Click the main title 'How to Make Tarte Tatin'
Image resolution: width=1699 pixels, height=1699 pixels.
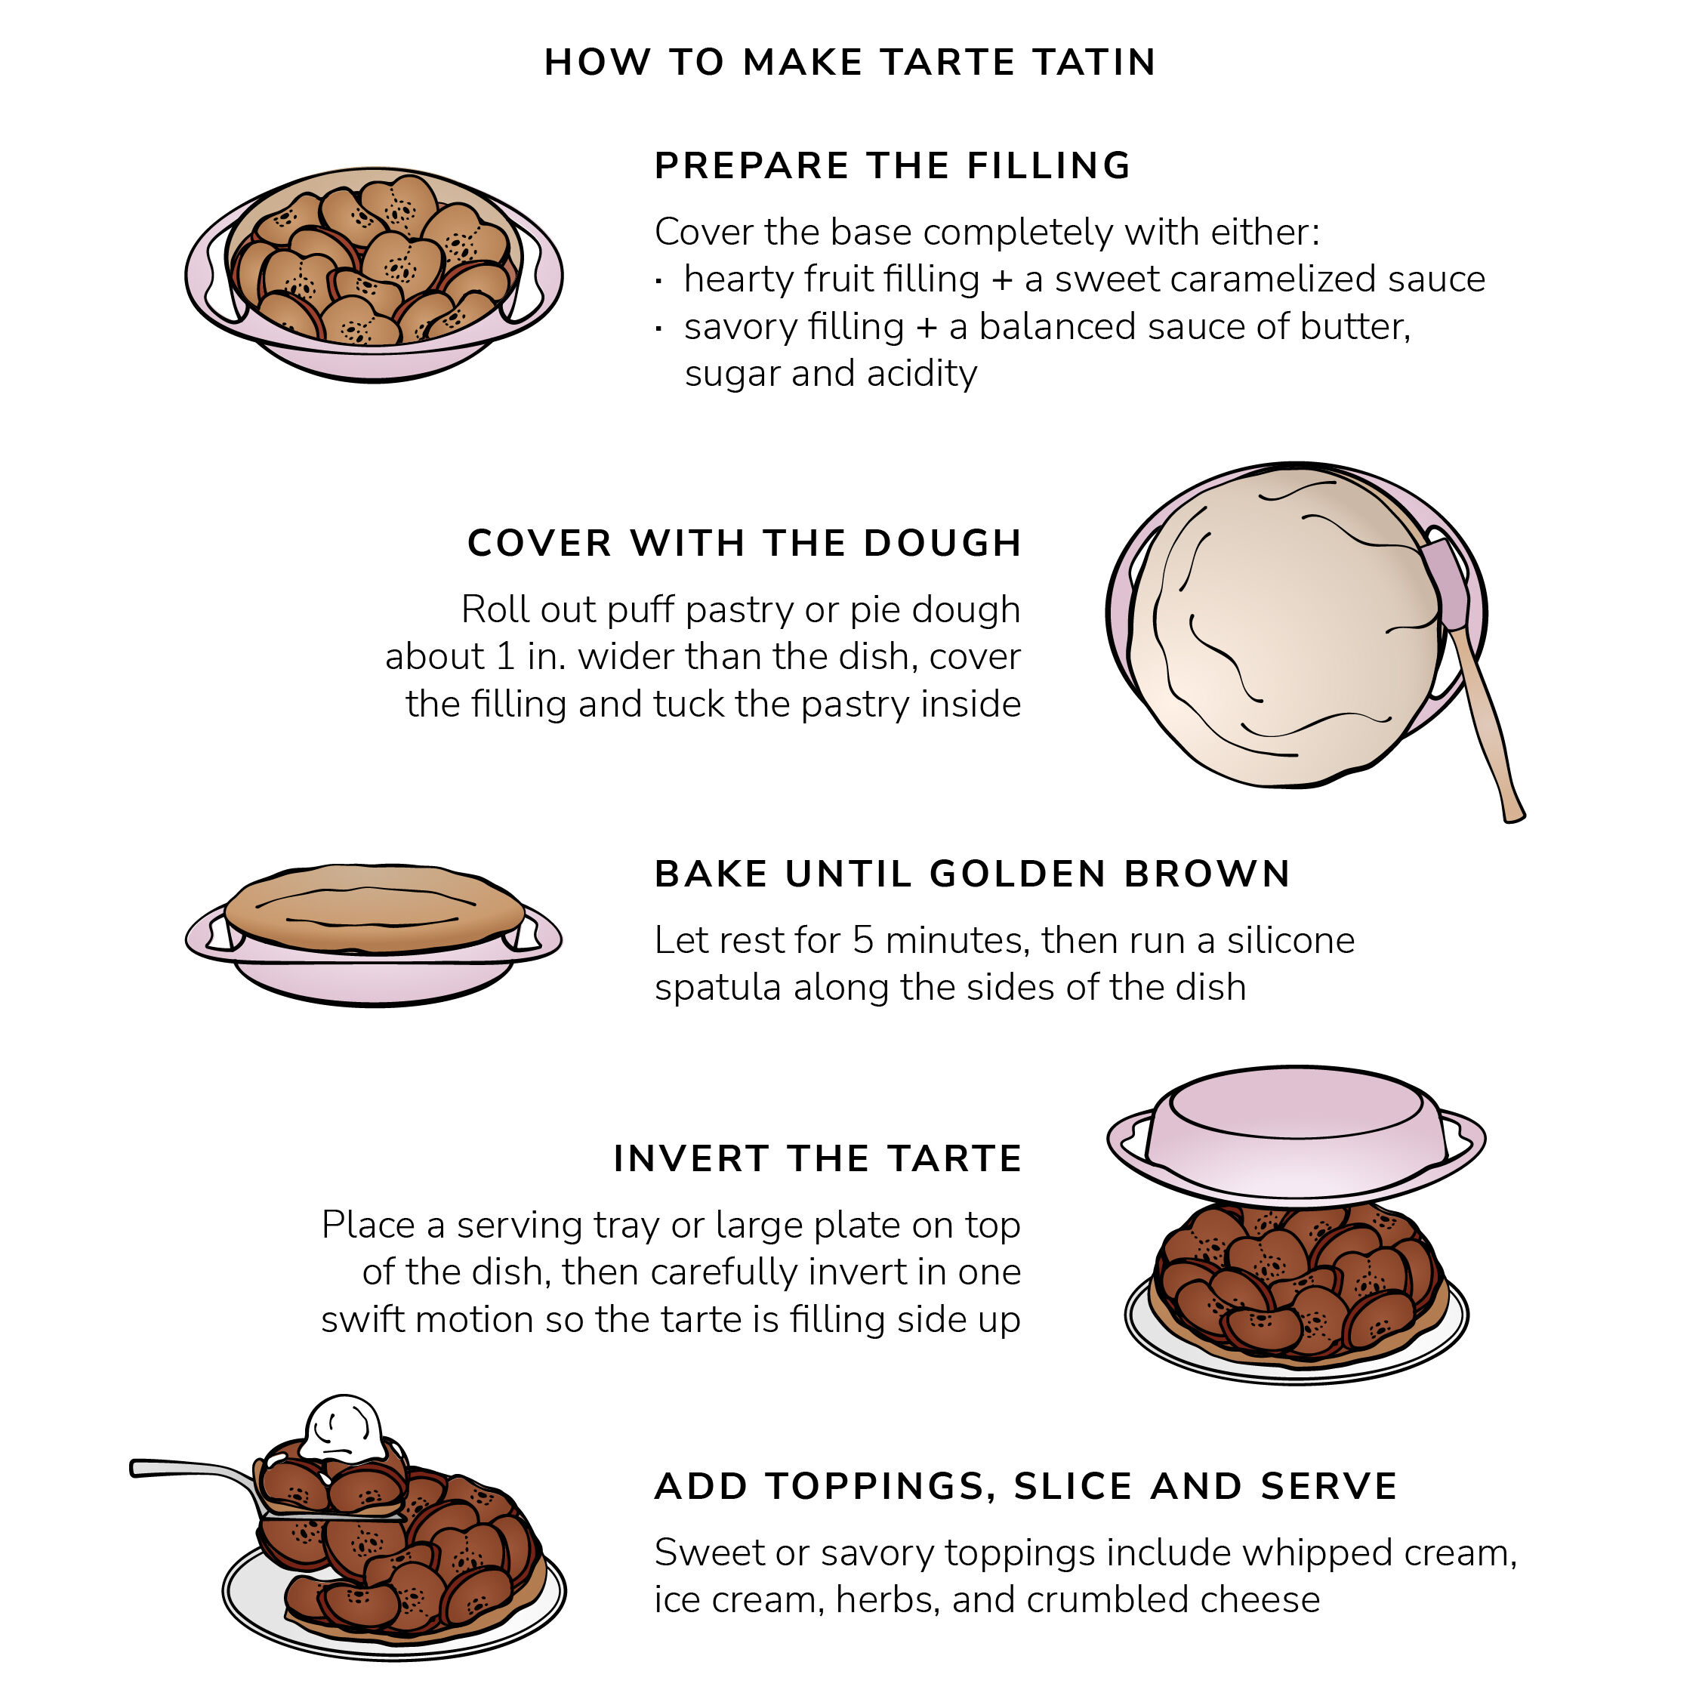849,63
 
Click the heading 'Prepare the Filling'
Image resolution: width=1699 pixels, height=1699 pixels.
893,165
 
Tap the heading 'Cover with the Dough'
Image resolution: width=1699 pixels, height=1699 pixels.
744,543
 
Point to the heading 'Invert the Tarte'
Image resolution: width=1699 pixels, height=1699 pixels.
818,1158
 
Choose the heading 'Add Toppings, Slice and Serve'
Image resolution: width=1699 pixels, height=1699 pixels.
1026,1486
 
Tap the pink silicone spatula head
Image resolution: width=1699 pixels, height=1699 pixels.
1444,581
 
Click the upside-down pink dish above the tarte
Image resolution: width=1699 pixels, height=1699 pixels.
1297,1134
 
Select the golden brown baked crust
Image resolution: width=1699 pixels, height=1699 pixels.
375,908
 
